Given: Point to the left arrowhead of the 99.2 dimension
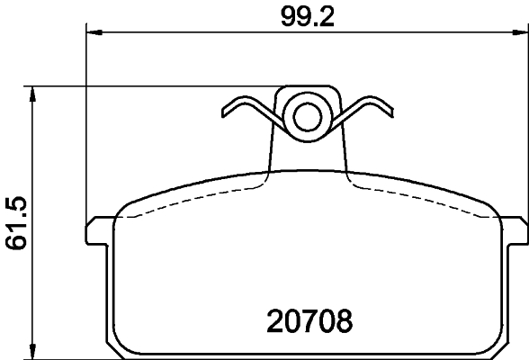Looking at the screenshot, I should pyautogui.click(x=91, y=34).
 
